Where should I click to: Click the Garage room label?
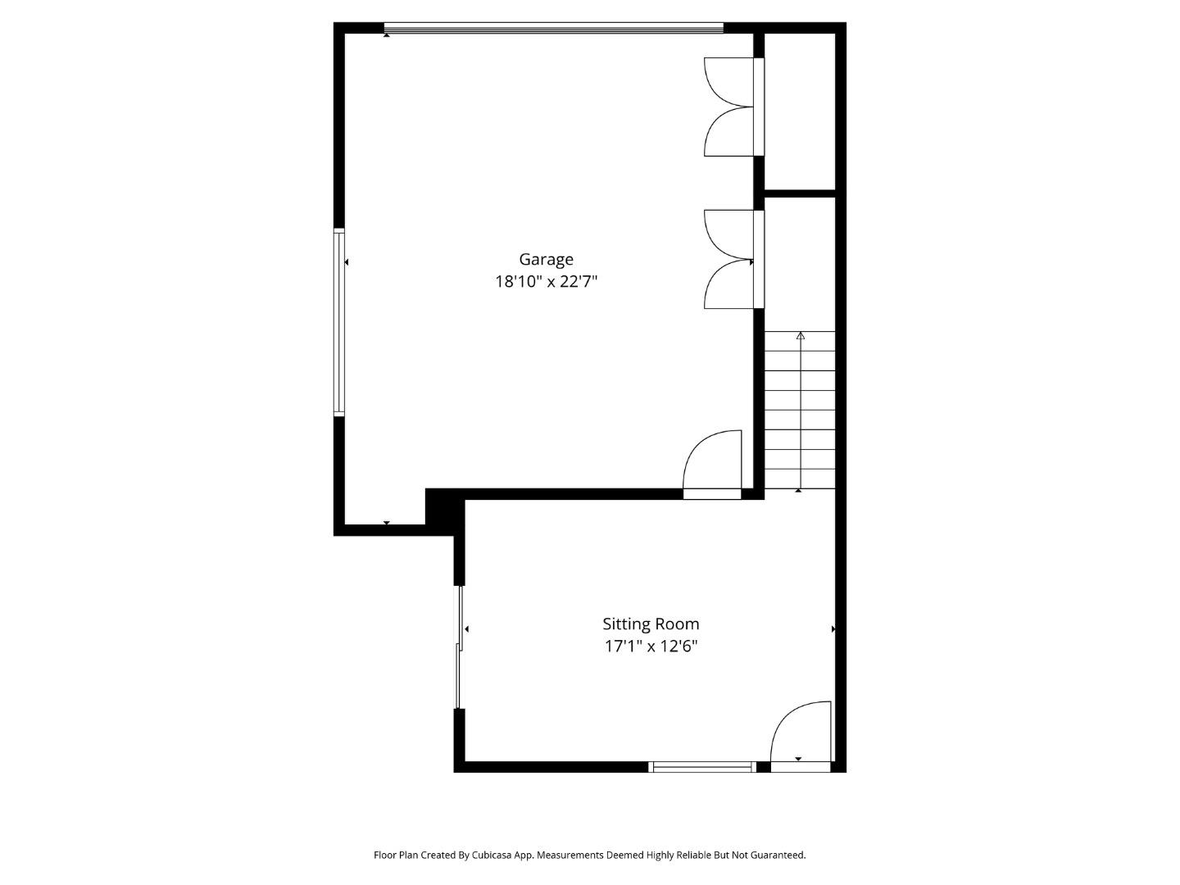[546, 260]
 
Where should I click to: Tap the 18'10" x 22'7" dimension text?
[546, 282]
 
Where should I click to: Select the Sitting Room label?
[651, 624]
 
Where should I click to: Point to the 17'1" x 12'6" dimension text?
[651, 646]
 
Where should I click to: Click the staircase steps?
[800, 410]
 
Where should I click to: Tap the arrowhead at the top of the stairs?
[801, 336]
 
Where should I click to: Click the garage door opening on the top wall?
[554, 28]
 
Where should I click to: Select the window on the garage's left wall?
[338, 322]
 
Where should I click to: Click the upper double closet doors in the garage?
[733, 107]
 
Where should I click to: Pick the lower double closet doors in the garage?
[733, 259]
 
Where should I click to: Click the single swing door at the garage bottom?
[712, 465]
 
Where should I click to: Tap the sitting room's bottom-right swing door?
[801, 737]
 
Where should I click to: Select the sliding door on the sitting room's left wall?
[459, 647]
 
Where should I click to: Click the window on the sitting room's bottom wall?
[702, 767]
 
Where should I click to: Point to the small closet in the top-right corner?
[800, 111]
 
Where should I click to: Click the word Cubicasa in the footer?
[492, 855]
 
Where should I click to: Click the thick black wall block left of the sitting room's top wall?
[445, 511]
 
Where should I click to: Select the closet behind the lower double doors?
[800, 263]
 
